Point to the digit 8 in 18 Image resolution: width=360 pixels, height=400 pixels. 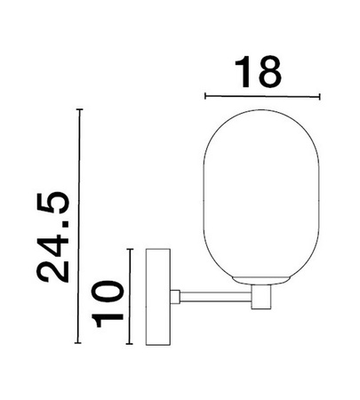pos(272,70)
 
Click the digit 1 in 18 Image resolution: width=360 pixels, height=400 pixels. pos(244,70)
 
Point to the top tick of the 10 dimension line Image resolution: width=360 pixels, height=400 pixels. pos(130,250)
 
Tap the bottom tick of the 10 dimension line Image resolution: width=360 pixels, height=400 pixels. pos(130,341)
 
